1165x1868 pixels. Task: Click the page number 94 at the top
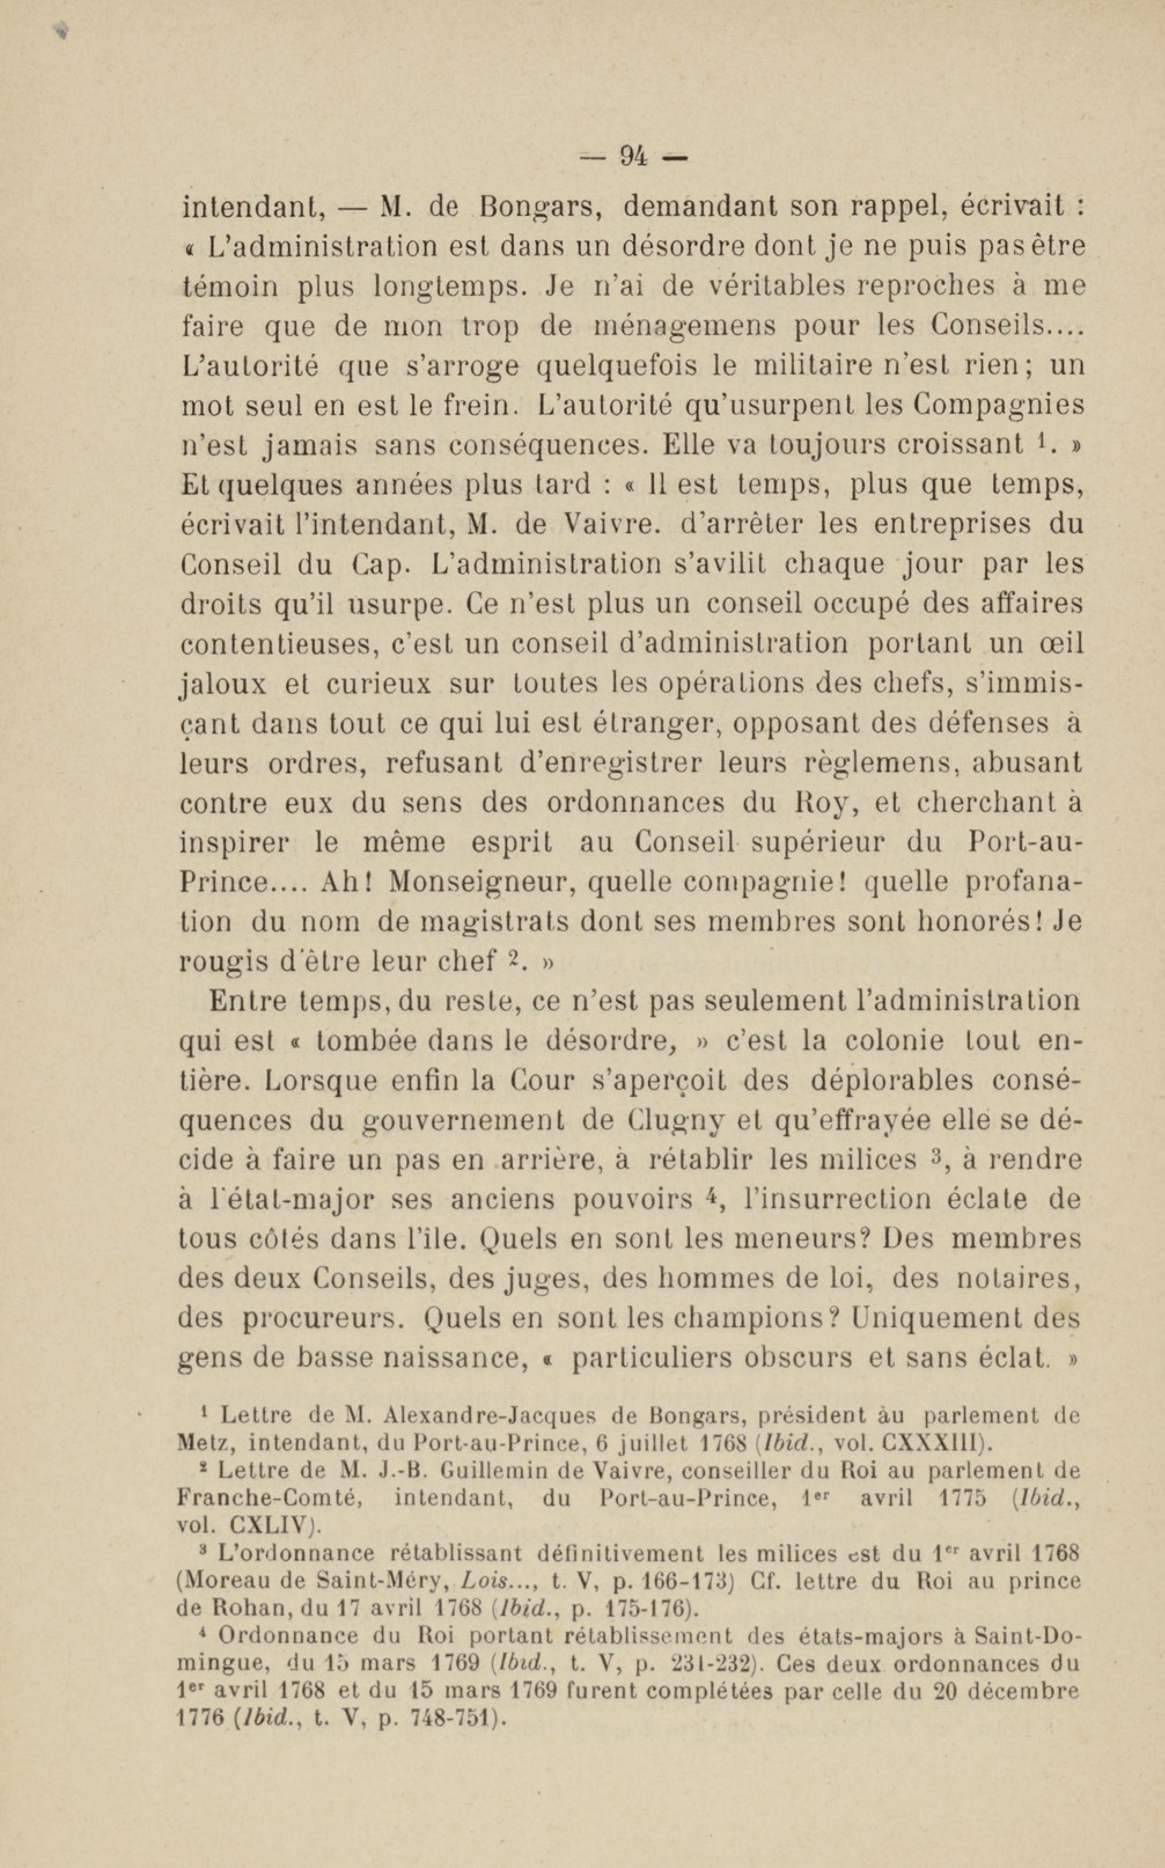pyautogui.click(x=633, y=157)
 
